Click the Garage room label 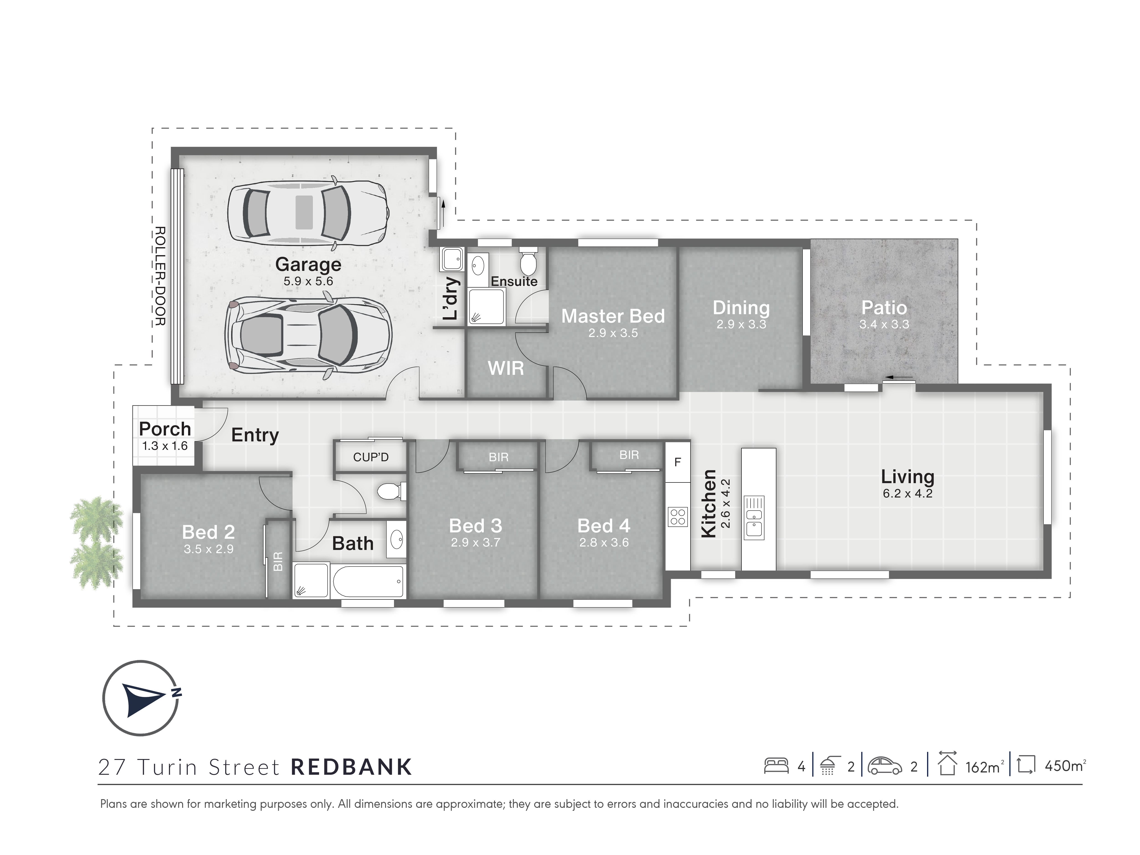(x=308, y=264)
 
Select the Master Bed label (x=613, y=316)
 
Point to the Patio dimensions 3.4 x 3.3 (x=884, y=324)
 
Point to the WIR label (x=505, y=368)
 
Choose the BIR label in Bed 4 (x=629, y=455)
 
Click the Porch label (x=165, y=429)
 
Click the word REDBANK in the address (x=352, y=767)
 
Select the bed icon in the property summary (x=776, y=765)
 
